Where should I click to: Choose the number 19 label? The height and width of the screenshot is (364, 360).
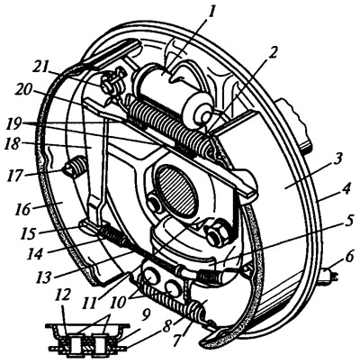click(x=179, y=339)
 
